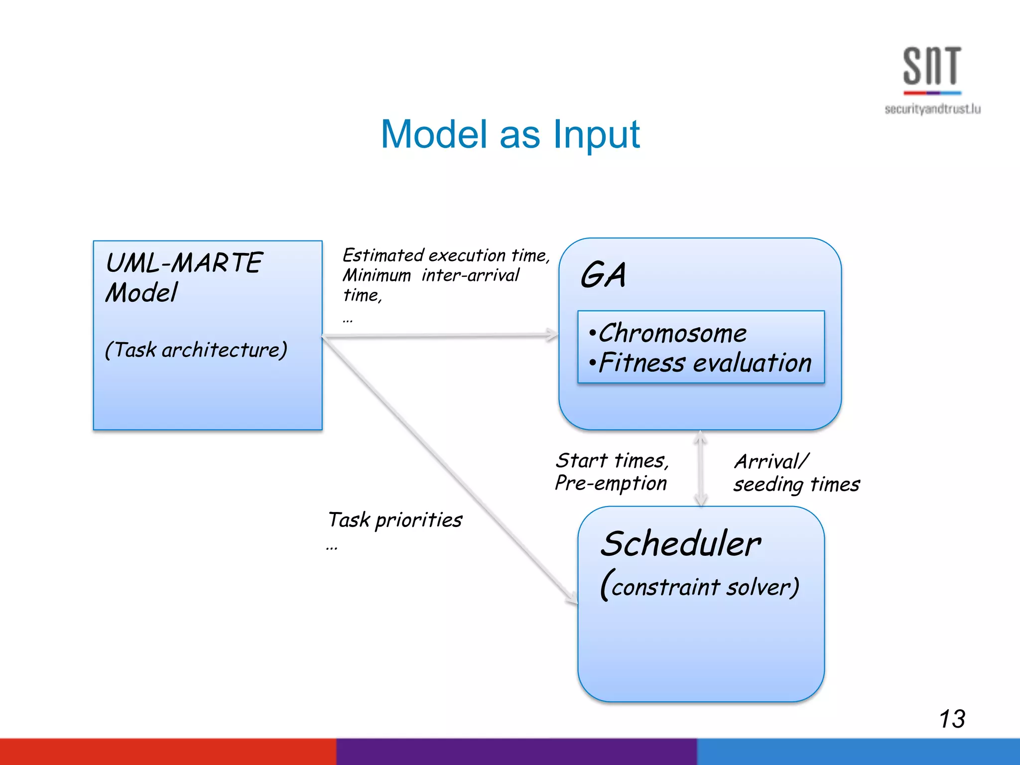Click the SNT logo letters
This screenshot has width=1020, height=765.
point(932,66)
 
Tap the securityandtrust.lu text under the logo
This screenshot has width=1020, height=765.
point(932,109)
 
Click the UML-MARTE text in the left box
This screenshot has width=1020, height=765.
point(184,262)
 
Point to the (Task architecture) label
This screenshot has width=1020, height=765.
point(196,350)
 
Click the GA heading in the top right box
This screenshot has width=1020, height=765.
point(603,275)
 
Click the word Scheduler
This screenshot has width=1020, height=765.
point(680,543)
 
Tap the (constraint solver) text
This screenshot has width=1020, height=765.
point(700,586)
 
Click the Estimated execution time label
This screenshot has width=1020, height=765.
point(446,255)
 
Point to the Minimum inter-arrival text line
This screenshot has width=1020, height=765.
point(431,275)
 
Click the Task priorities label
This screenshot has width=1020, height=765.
point(395,520)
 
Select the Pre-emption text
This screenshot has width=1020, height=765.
point(611,483)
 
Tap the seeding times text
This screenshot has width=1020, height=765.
point(796,484)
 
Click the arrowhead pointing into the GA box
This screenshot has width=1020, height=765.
point(552,335)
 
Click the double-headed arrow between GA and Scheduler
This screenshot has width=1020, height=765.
point(701,468)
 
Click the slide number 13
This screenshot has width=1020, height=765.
point(952,719)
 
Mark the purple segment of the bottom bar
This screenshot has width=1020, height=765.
point(516,752)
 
